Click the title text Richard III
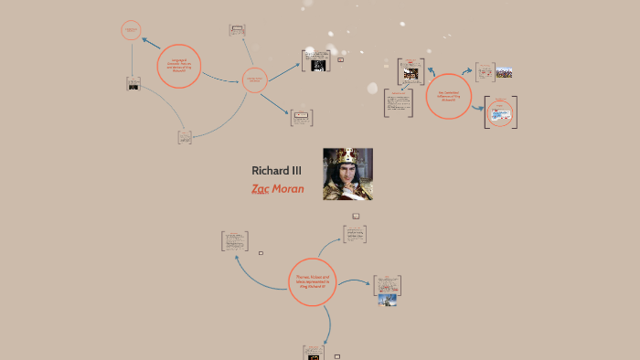276,171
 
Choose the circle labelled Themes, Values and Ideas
313,281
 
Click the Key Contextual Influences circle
448,96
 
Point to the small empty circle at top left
131,30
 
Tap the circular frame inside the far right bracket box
500,113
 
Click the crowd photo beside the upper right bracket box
504,71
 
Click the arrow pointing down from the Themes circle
313,322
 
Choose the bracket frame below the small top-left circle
133,84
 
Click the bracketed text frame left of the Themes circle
234,241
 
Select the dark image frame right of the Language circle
315,61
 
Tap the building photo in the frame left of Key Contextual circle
411,72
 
